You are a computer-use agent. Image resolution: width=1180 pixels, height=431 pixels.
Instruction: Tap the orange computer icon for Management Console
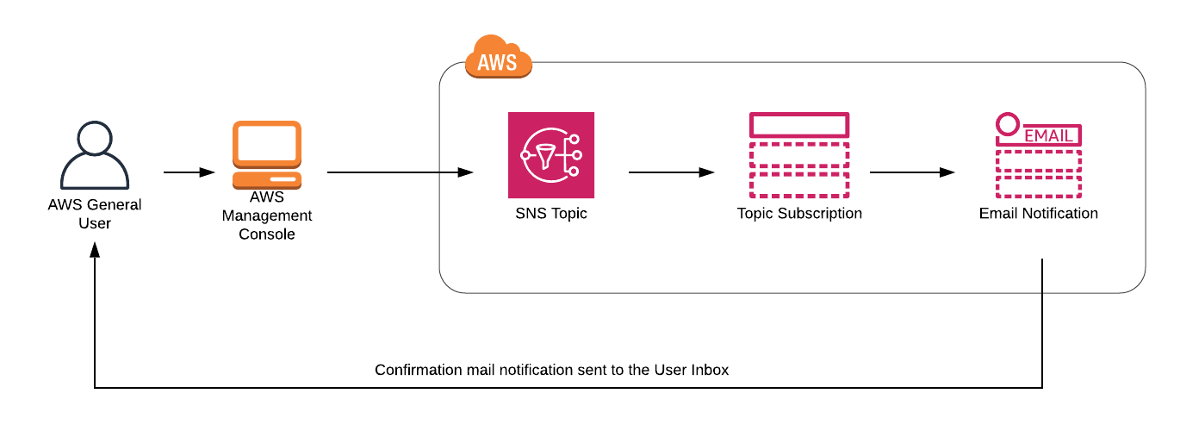coord(267,155)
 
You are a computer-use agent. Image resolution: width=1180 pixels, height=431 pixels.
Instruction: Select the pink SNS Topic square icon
coord(551,155)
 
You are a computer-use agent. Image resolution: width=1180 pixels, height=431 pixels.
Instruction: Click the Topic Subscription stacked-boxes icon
coord(799,155)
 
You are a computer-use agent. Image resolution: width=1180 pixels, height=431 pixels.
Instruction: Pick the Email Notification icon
coord(1038,156)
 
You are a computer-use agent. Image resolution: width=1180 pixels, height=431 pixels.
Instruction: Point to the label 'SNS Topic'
coord(551,213)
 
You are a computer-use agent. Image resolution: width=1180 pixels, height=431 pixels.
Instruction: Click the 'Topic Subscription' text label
coord(799,213)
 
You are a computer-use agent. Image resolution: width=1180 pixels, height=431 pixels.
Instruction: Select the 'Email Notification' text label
coord(1038,213)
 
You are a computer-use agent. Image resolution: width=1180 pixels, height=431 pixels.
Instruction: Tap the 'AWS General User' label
coord(95,214)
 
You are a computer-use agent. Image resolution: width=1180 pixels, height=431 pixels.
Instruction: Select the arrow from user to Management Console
coord(189,172)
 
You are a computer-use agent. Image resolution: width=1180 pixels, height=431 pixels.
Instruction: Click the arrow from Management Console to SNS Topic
coord(400,172)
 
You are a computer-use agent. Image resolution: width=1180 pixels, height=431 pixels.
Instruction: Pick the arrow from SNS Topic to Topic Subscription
coord(671,172)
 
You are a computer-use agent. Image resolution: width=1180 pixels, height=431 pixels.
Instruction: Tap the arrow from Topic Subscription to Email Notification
coord(912,172)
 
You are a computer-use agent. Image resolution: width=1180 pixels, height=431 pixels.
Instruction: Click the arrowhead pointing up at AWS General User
coord(95,248)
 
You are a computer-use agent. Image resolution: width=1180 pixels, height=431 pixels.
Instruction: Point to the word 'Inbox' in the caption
coord(711,370)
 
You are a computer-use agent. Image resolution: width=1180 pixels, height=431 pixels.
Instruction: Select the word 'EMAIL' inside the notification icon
coord(1048,136)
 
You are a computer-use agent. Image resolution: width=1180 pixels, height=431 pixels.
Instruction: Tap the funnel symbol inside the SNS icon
coord(545,156)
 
